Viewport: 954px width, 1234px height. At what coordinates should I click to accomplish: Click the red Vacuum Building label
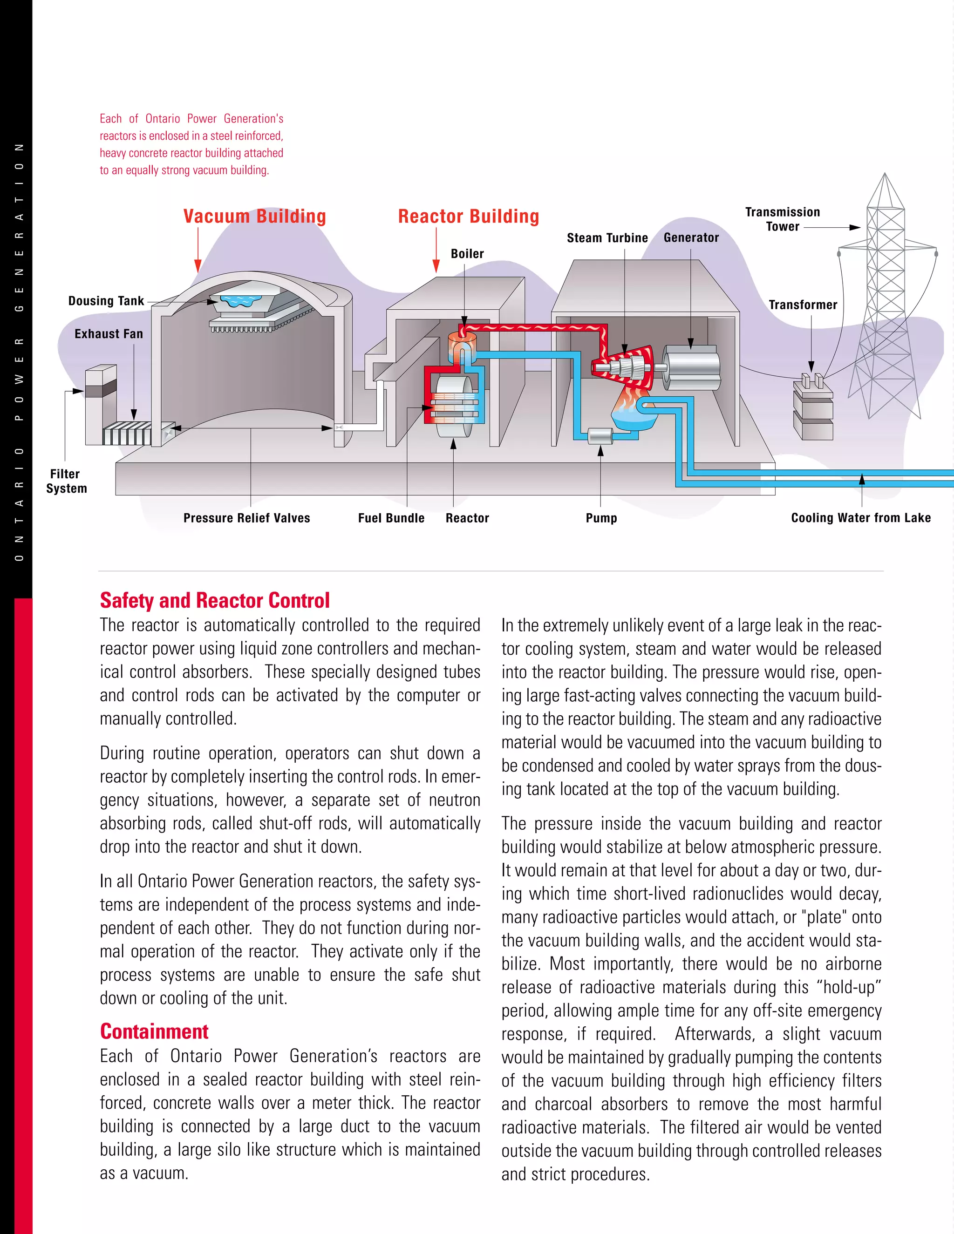[254, 217]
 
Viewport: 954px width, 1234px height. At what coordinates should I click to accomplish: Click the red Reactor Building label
[469, 217]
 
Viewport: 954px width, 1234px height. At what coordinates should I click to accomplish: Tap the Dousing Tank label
[106, 301]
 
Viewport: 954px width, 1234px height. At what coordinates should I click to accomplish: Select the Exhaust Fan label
[109, 334]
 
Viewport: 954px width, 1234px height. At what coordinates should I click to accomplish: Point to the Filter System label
[66, 481]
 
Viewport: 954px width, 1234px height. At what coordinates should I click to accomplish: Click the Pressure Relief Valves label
[246, 518]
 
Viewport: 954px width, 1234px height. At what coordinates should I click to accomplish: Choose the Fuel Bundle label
[391, 518]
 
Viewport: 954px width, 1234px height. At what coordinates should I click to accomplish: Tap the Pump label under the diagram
[601, 518]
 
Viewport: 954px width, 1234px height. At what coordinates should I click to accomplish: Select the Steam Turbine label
[607, 238]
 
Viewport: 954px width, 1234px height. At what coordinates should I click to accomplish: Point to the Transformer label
[803, 305]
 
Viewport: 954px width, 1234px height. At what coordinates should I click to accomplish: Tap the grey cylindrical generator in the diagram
[691, 368]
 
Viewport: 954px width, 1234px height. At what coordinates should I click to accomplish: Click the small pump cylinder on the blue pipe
[600, 436]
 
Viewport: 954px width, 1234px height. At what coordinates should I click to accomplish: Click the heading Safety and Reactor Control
[215, 600]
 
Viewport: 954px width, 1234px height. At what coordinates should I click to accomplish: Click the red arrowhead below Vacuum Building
[198, 266]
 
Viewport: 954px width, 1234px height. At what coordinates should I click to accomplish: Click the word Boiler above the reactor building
[467, 254]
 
